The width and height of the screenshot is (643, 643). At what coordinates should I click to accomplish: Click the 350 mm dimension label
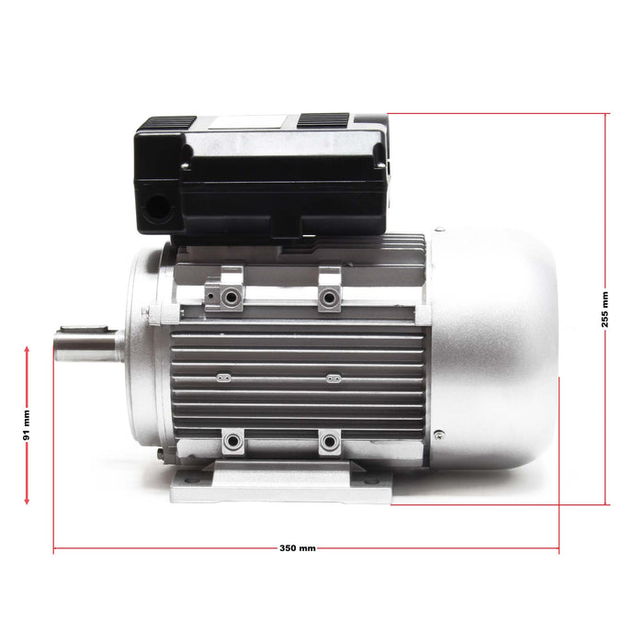pyautogui.click(x=298, y=547)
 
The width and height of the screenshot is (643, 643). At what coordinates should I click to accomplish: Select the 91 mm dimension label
pyautogui.click(x=27, y=425)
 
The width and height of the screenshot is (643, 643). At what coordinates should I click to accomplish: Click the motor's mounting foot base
pyautogui.click(x=276, y=481)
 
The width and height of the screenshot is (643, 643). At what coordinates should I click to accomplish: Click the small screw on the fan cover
pyautogui.click(x=439, y=434)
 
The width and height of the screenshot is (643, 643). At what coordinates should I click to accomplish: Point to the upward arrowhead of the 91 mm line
pyautogui.click(x=27, y=351)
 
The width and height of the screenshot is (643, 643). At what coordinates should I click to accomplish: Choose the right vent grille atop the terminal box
pyautogui.click(x=323, y=120)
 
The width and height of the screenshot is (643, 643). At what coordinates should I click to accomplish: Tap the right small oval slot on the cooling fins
pyautogui.click(x=333, y=376)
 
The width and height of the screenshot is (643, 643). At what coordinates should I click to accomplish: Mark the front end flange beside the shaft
pyautogui.click(x=142, y=349)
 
